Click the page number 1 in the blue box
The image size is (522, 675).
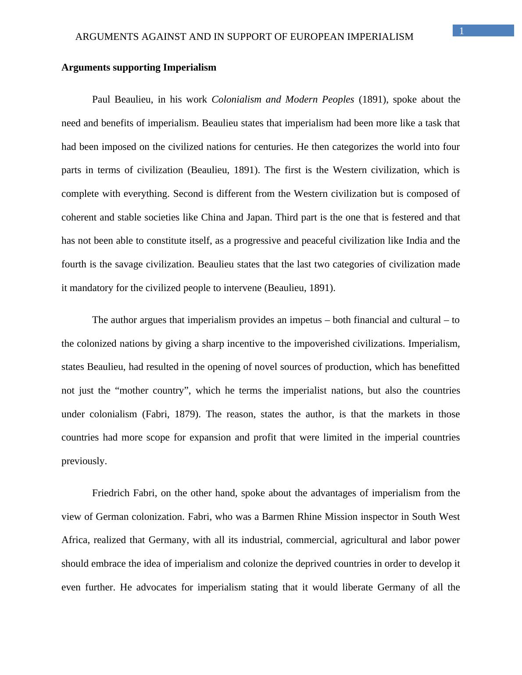tap(461, 31)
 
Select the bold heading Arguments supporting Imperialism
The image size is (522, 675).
tap(139, 67)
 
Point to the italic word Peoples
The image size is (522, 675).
tap(338, 99)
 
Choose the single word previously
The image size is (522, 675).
tap(84, 461)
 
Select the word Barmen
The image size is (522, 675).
tap(278, 517)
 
